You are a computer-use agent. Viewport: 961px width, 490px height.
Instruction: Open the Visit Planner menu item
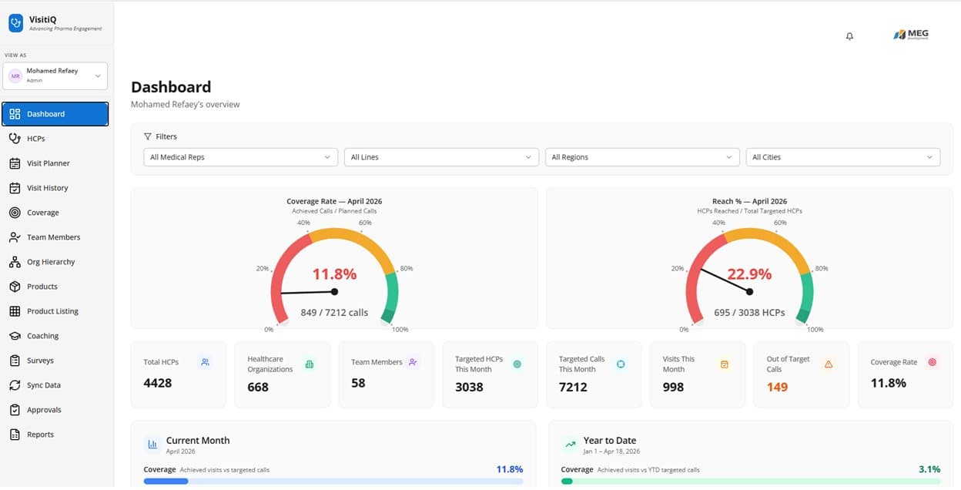point(48,163)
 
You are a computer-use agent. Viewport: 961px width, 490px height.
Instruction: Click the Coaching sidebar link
point(42,336)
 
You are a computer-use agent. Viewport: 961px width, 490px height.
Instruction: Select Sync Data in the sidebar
point(43,385)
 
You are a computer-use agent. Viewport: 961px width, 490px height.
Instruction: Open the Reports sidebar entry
point(40,435)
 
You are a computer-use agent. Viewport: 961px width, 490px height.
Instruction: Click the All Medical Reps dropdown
point(240,157)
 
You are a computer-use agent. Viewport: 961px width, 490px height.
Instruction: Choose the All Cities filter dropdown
point(842,157)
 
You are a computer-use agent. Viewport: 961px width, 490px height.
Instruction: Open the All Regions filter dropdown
point(641,157)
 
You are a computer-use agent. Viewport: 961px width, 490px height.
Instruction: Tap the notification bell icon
point(849,36)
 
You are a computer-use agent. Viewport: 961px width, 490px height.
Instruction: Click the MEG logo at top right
point(911,35)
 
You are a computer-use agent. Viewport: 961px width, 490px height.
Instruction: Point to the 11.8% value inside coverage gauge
point(334,274)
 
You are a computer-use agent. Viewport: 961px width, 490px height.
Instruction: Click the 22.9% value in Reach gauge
point(749,274)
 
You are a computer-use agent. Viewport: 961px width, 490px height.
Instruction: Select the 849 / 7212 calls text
point(334,313)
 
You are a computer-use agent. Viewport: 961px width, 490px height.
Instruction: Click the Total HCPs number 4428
point(158,383)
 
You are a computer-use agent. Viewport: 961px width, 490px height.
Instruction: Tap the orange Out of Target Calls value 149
point(777,387)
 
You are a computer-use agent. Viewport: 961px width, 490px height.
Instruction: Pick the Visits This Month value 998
point(673,387)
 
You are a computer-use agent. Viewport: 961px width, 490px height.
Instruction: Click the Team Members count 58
point(358,383)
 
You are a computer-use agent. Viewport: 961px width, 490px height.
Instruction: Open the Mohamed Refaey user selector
point(55,76)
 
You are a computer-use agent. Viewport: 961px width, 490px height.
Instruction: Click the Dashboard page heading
point(171,87)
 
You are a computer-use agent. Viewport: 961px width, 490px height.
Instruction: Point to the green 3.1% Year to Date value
point(930,469)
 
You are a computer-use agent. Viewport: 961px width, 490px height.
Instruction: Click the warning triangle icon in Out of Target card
point(829,364)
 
